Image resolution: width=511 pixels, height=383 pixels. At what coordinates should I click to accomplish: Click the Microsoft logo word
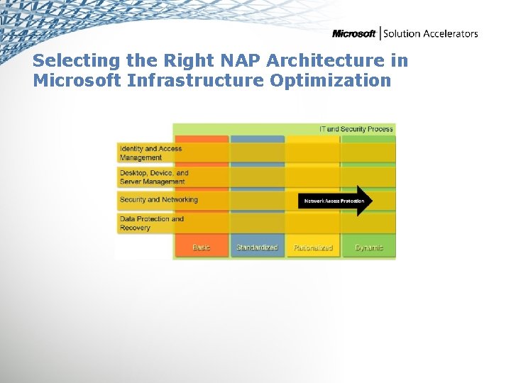point(354,33)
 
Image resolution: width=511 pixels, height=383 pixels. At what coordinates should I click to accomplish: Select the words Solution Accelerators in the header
point(431,33)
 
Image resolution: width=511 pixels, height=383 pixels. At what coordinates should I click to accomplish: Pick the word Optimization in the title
point(331,80)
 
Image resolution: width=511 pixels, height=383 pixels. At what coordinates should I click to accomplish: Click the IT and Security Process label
point(356,129)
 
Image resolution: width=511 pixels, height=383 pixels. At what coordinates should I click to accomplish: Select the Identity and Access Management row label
point(150,153)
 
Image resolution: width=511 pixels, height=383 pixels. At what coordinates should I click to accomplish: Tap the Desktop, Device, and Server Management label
point(153,177)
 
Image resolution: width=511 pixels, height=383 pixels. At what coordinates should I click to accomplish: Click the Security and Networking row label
point(158,200)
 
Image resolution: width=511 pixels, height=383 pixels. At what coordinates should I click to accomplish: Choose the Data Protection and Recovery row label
point(151,223)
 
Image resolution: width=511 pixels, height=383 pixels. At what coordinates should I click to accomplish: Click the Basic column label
point(202,248)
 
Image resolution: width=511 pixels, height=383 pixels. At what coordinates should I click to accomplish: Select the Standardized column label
point(257,248)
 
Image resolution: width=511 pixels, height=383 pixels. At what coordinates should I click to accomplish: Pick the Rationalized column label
point(313,248)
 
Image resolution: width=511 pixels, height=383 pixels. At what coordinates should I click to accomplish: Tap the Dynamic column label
point(369,248)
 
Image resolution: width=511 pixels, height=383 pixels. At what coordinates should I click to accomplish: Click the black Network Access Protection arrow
point(334,201)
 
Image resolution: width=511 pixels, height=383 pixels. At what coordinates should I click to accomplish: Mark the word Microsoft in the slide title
point(77,80)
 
